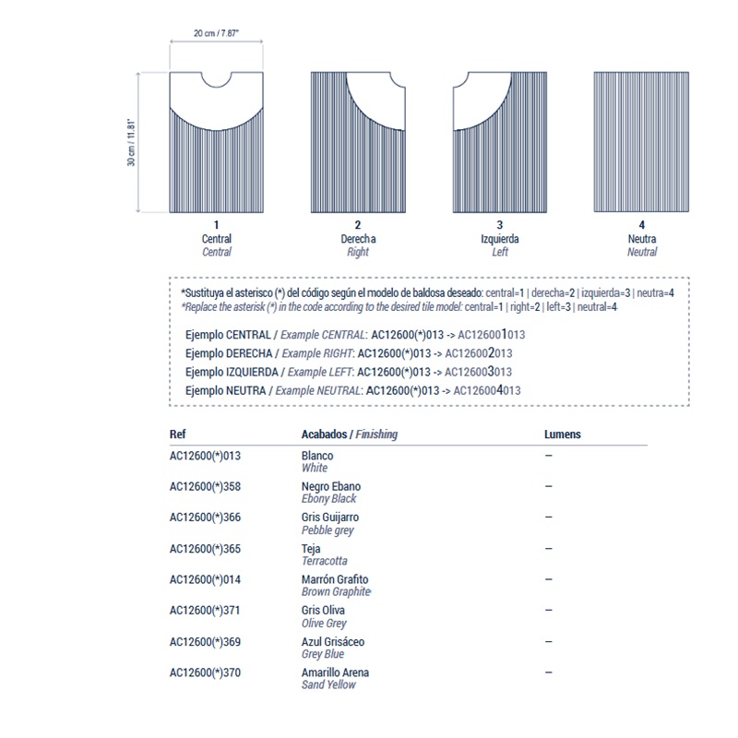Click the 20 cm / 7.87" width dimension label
point(216,33)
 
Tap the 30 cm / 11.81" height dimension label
point(132,142)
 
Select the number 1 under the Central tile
point(217,225)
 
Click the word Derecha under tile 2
point(358,239)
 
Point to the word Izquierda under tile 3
point(500,239)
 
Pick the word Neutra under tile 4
point(642,239)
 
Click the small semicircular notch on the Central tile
point(217,78)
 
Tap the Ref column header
point(178,434)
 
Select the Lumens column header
point(563,434)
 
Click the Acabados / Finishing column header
point(350,434)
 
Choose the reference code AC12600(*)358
point(205,486)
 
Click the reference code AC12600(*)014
point(205,579)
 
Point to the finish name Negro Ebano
point(331,486)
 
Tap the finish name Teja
point(311,549)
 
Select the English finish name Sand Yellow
point(328,684)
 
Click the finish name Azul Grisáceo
point(333,642)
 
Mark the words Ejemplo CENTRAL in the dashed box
point(228,335)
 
